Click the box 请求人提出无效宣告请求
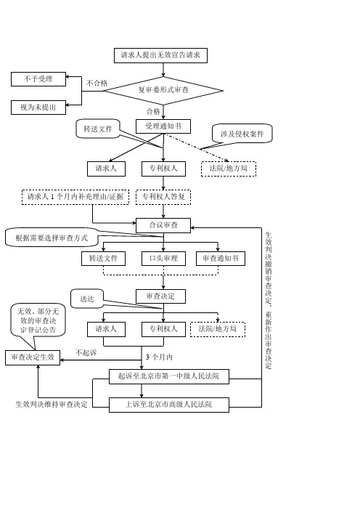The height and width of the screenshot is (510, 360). [x=160, y=55]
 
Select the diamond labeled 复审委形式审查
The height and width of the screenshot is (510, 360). [x=163, y=90]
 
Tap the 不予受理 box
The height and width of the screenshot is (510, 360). [x=38, y=79]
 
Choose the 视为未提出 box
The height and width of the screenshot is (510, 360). [x=38, y=108]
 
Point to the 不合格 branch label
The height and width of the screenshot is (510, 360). [x=97, y=84]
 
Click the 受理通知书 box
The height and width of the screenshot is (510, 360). [x=163, y=126]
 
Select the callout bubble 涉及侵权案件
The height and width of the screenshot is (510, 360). [x=242, y=134]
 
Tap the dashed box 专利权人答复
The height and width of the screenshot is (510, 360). [x=163, y=197]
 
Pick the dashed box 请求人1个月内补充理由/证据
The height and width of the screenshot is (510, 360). [x=75, y=197]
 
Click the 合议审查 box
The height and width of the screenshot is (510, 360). [x=163, y=225]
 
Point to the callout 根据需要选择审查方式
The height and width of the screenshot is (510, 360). [x=52, y=238]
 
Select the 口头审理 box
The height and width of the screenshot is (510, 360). [x=163, y=259]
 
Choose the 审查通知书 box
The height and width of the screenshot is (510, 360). [x=221, y=259]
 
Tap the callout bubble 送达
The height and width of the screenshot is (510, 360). [x=87, y=299]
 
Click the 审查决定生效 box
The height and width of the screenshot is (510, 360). [x=33, y=357]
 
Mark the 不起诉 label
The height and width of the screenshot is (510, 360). [x=86, y=352]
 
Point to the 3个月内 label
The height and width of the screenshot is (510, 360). [x=159, y=357]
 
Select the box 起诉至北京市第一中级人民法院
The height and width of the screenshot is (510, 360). [x=169, y=376]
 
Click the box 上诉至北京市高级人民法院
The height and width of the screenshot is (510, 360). [x=169, y=405]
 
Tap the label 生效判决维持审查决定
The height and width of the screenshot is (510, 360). [x=52, y=404]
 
